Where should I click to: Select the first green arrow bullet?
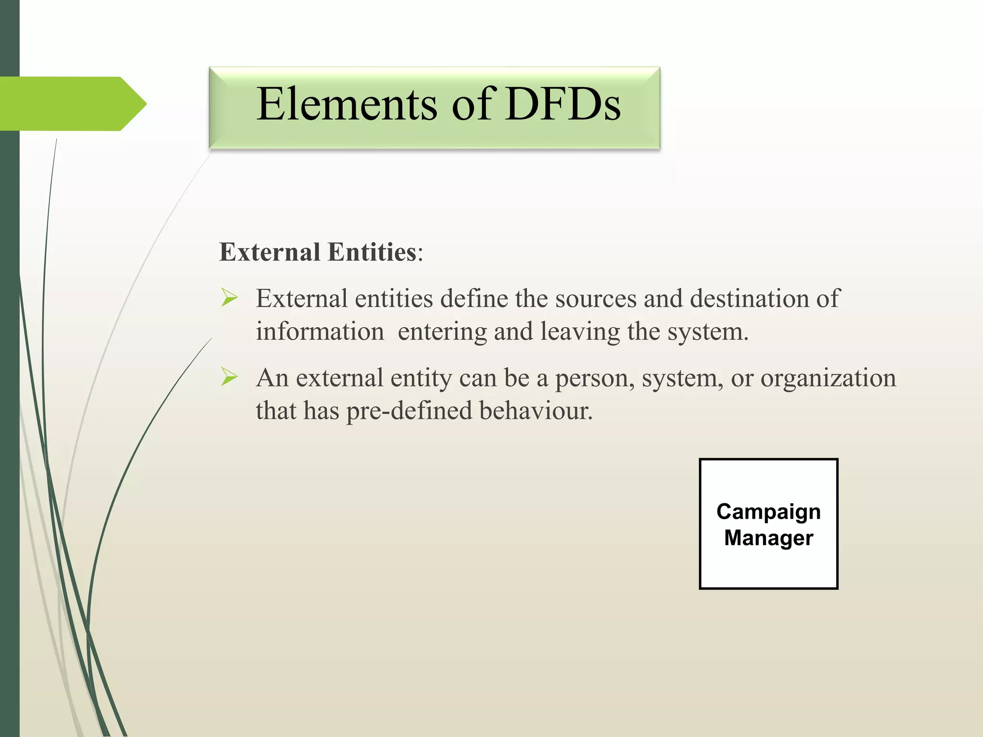coord(229,298)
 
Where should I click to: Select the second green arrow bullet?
coord(229,378)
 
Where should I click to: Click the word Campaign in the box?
coord(768,512)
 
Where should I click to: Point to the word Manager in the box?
coord(768,538)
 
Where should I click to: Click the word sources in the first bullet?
coord(596,299)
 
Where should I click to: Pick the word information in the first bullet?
coord(320,332)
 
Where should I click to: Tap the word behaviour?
coord(536,411)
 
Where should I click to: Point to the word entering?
coord(442,332)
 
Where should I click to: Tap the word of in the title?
coord(472,104)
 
